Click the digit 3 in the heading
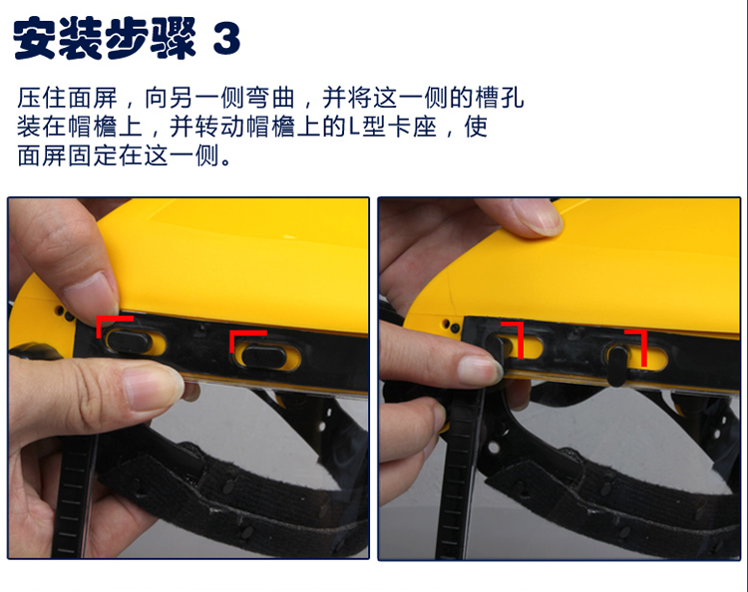coord(226,39)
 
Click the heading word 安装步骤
coord(104,38)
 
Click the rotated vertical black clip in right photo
coord(617,365)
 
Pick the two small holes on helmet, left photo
coord(64,313)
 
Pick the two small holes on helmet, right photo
coord(451,326)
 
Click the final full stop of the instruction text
coord(225,161)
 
